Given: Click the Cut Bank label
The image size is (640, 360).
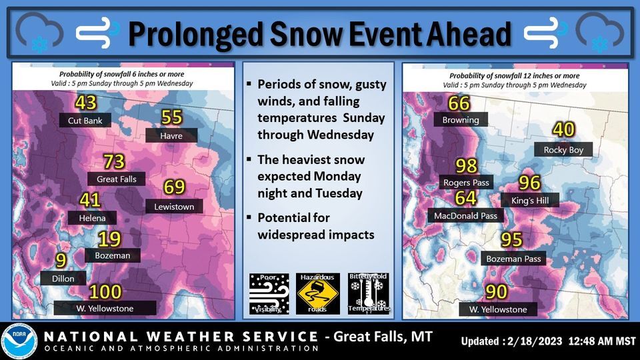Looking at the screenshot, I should (x=84, y=121).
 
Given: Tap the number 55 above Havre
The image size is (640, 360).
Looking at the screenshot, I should (x=172, y=118).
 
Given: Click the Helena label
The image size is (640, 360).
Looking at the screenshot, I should (x=92, y=218).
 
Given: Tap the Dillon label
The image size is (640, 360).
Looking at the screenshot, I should (x=63, y=279).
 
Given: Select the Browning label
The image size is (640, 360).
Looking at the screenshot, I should (x=461, y=120).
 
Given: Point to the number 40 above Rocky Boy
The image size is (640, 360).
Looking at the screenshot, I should (x=563, y=130).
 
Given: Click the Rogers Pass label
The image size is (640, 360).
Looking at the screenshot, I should (x=466, y=182).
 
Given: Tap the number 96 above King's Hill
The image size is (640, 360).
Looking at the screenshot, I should (x=529, y=183).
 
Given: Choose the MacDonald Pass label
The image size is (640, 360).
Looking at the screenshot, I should (x=465, y=216).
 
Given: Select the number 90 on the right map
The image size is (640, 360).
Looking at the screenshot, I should (x=496, y=292).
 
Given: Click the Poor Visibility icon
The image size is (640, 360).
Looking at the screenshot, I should (x=268, y=293).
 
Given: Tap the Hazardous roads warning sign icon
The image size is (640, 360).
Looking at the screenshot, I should (x=319, y=293).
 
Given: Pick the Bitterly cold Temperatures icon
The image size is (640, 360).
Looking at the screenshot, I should (x=368, y=293).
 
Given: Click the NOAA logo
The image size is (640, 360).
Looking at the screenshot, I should (x=19, y=341).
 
